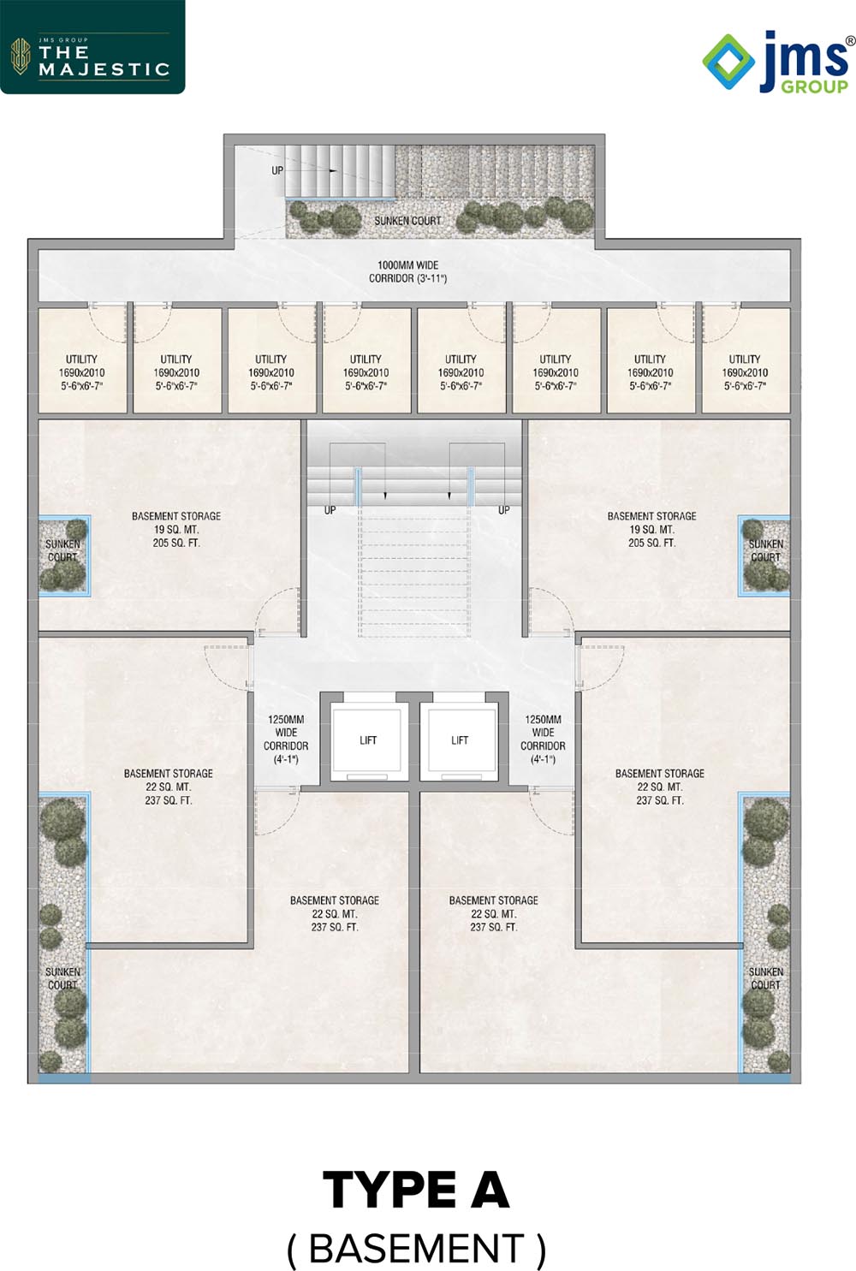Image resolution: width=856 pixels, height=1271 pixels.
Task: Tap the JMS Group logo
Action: (x=778, y=62)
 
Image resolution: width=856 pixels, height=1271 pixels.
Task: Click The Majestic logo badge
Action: (x=92, y=46)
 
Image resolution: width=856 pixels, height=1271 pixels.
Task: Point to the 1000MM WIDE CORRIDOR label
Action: (x=408, y=272)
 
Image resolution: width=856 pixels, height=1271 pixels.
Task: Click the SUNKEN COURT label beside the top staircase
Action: (x=407, y=221)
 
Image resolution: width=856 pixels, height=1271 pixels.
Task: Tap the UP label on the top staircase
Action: (x=277, y=170)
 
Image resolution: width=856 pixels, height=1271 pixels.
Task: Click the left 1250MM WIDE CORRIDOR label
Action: (x=286, y=739)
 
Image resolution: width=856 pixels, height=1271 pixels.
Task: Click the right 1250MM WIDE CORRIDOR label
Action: (x=544, y=739)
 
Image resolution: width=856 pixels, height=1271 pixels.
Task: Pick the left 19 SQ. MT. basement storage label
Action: (x=176, y=530)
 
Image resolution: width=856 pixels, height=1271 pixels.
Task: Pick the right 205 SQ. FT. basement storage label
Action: (x=652, y=543)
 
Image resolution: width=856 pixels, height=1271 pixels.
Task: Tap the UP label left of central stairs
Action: (x=330, y=510)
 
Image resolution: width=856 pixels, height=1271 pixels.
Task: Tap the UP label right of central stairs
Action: (x=503, y=510)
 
